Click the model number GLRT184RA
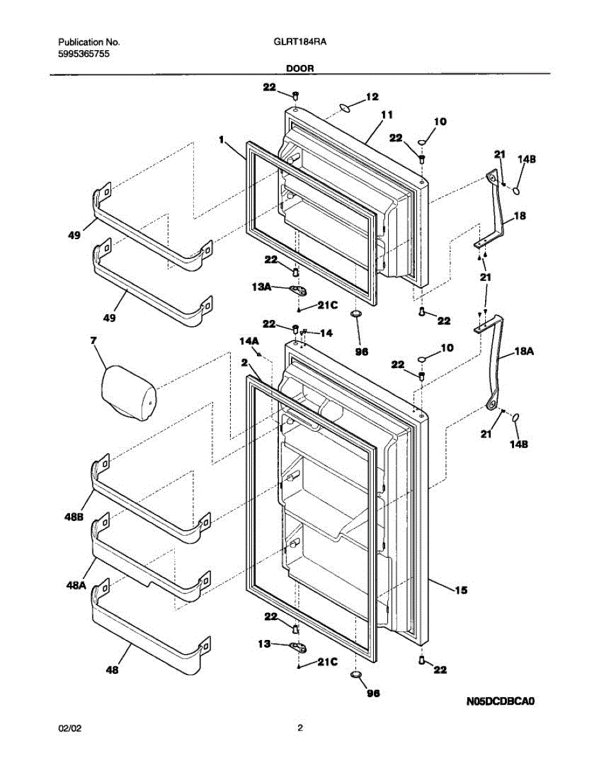coord(301,43)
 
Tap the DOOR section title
coord(301,67)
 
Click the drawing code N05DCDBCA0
coord(500,701)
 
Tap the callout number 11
coord(386,115)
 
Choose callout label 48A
coord(76,585)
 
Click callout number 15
coord(461,589)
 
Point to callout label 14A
coord(249,341)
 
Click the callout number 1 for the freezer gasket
coord(221,138)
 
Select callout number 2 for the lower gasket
coord(244,363)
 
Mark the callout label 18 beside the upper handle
coord(519,216)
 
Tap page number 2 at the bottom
coord(300,729)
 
